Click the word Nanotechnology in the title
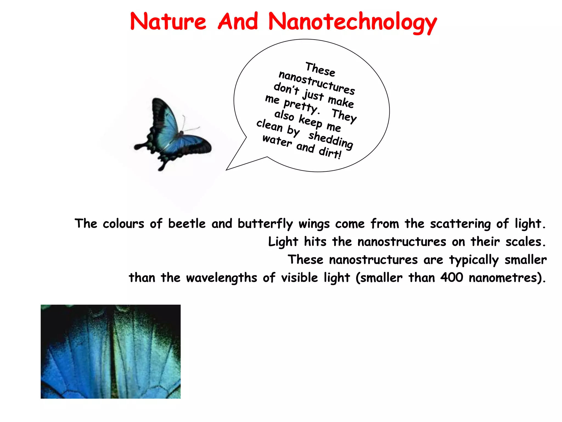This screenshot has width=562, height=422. coord(352,22)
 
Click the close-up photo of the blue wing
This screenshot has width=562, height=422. coord(111,351)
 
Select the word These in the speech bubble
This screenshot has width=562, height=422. coord(320,69)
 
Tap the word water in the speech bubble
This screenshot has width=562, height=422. coord(277,141)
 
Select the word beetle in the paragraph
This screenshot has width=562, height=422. coord(187,224)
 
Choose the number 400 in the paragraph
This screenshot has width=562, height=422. coord(451,277)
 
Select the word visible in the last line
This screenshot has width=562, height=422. coord(299,277)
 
